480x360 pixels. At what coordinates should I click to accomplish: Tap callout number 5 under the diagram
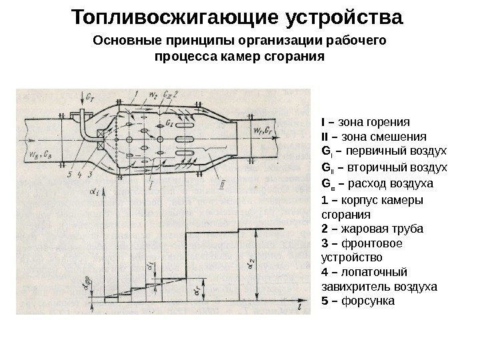69,175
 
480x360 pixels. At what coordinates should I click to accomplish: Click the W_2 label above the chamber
152,93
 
